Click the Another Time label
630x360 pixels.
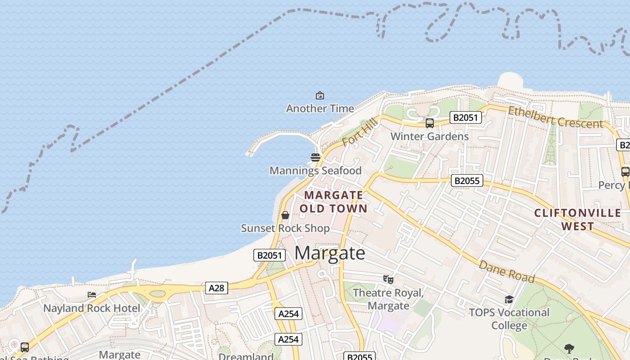[320, 108]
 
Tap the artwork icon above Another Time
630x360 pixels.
[320, 95]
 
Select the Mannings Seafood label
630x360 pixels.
[315, 171]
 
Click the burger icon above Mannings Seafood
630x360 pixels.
[315, 157]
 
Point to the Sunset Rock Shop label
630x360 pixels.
[285, 228]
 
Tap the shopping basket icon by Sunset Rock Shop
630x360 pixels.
[285, 215]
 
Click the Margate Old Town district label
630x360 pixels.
[333, 202]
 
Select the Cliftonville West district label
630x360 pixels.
[578, 219]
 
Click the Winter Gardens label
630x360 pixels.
[429, 136]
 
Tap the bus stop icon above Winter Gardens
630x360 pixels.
[430, 123]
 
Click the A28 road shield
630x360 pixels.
[216, 288]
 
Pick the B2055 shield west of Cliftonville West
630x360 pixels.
[467, 181]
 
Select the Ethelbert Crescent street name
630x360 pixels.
[555, 117]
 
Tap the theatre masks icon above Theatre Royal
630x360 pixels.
[388, 279]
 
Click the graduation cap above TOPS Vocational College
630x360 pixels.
[509, 299]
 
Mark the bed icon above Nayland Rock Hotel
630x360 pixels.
[92, 295]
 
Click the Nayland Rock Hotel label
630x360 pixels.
[92, 308]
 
